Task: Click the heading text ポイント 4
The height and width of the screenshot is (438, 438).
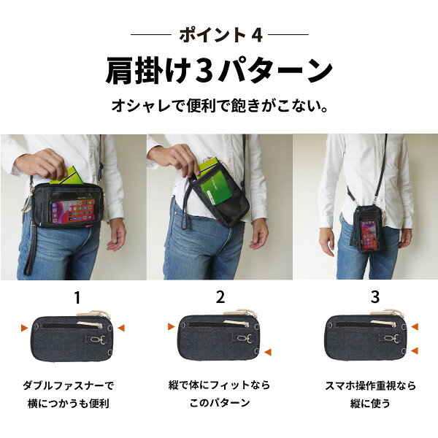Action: tap(220, 35)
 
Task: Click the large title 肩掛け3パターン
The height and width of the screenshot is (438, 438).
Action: tap(219, 71)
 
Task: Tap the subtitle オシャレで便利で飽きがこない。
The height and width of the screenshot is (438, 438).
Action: tap(220, 106)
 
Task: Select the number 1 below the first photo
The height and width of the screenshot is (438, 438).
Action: tap(77, 298)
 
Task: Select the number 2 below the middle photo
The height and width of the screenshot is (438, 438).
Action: tap(220, 297)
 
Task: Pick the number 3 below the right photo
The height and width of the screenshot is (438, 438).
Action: tap(375, 297)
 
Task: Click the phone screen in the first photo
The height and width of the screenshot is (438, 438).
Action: tap(73, 211)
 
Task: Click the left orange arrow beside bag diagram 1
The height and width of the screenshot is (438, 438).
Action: tap(25, 328)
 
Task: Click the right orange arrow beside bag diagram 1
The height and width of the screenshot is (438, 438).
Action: tap(121, 328)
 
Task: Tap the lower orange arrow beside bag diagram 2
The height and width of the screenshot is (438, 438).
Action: tap(268, 352)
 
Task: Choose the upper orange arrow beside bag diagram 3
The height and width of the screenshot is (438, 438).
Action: tap(415, 326)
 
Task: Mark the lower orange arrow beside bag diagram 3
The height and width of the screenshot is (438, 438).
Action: tap(415, 350)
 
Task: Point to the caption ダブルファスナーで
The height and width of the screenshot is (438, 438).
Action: tap(69, 385)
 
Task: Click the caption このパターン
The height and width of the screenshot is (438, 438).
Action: tap(220, 403)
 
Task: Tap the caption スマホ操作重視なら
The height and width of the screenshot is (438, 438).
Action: tap(370, 385)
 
